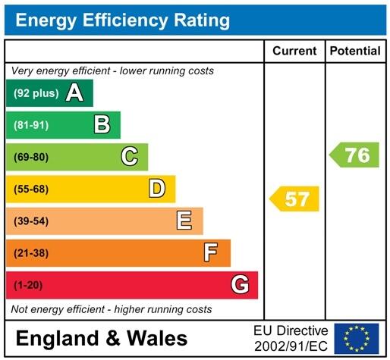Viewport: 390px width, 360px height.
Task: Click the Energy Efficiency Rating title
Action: (122, 20)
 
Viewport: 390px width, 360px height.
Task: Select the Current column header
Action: (294, 51)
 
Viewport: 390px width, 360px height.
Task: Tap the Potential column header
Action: (355, 51)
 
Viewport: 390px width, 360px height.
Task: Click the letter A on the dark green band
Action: (74, 93)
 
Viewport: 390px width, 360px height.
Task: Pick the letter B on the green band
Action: (102, 124)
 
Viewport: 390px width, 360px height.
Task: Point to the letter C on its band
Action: (130, 156)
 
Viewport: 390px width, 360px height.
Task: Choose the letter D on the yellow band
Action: (157, 188)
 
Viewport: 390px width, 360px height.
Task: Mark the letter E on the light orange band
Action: (184, 221)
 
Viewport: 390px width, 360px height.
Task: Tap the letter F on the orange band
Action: (212, 252)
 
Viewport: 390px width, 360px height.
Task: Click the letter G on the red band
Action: (240, 285)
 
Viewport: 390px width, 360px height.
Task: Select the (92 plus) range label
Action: (36, 93)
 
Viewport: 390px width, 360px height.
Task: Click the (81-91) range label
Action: (30, 125)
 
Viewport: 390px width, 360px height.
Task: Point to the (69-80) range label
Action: (30, 157)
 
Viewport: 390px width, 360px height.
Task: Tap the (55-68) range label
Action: (30, 189)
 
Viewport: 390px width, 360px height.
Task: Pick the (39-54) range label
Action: (30, 221)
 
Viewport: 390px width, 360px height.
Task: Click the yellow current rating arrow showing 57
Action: (295, 199)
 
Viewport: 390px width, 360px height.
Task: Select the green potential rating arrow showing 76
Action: (354, 155)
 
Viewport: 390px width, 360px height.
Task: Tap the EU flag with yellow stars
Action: (357, 338)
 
